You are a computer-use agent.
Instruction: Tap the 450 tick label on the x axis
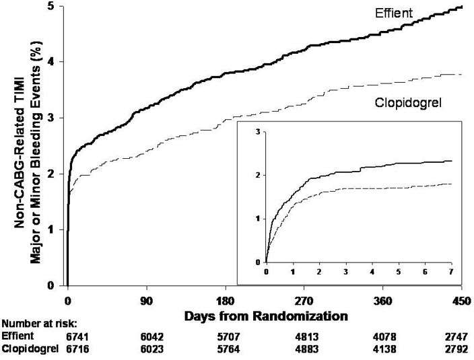click(x=461, y=301)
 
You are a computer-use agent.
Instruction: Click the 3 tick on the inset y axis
click(x=257, y=132)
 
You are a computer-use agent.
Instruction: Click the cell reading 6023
click(x=147, y=349)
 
